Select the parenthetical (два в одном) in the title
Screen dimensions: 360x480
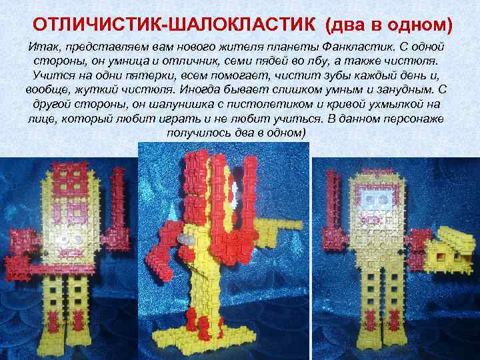(x=389, y=25)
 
